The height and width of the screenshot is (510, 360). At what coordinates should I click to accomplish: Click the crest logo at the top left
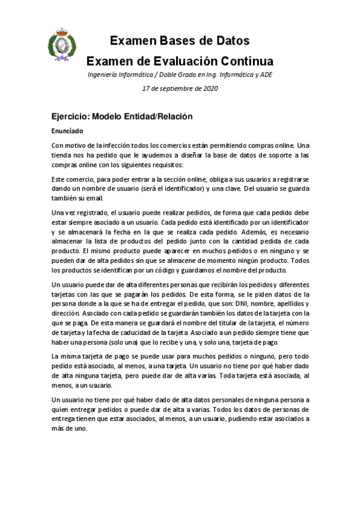61,45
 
